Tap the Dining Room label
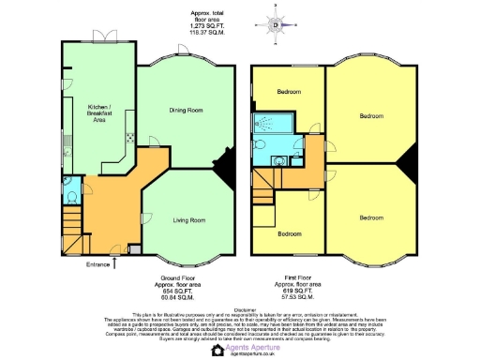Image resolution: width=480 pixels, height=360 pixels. coord(186,111)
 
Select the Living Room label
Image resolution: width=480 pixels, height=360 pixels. coord(188,219)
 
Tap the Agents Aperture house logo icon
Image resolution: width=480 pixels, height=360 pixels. coord(218,351)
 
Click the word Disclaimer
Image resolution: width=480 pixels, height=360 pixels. coord(240,306)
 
